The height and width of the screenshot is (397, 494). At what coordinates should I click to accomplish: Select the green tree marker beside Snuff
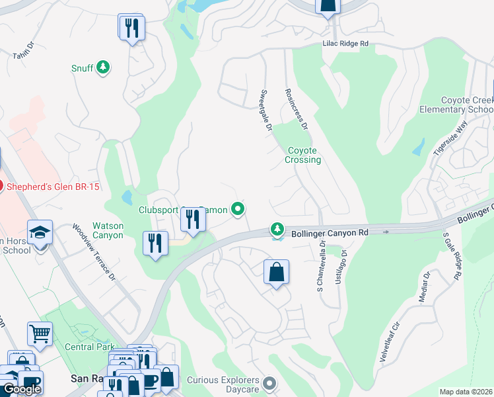click(102, 67)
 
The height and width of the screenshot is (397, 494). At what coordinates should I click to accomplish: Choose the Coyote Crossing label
click(303, 155)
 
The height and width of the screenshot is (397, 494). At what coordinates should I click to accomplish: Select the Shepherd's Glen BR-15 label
click(53, 187)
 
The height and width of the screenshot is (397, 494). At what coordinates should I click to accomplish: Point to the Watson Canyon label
click(108, 230)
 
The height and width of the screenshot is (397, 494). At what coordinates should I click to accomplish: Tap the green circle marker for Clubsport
click(238, 210)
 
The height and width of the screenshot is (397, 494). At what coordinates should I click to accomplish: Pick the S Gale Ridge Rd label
click(453, 255)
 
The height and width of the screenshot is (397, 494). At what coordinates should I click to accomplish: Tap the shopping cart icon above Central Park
click(40, 335)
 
